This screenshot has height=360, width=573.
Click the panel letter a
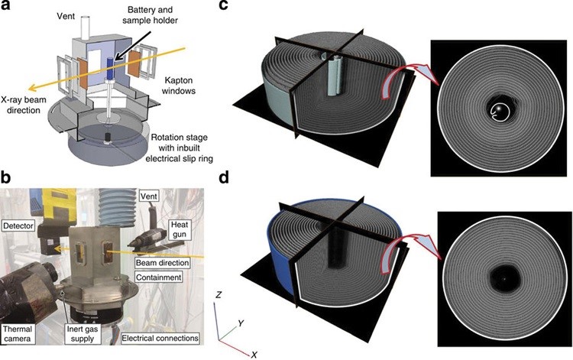(x=6, y=7)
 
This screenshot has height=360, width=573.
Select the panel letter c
(x=245, y=7)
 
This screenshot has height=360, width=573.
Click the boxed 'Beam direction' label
(x=155, y=261)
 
